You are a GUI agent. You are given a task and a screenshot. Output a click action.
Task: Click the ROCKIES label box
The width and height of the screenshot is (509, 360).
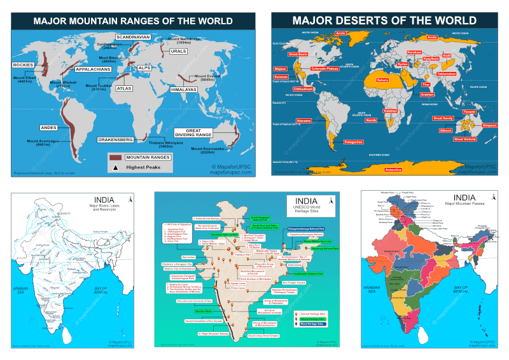tap(24, 65)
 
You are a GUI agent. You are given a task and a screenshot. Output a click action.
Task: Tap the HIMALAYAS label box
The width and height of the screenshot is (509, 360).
tap(184, 90)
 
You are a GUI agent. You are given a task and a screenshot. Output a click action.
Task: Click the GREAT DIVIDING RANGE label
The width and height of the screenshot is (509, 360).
tap(194, 133)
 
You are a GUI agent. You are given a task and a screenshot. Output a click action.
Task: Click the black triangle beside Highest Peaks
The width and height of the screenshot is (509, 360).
tap(115, 167)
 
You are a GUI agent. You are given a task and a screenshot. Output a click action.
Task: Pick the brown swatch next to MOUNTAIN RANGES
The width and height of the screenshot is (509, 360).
tap(115, 156)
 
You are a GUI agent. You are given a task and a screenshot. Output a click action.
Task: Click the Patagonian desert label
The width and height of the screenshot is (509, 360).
tap(353, 142)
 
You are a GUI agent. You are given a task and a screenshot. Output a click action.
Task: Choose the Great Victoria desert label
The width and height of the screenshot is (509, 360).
tap(464, 139)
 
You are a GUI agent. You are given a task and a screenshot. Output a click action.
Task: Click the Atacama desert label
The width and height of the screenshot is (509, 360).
tap(304, 120)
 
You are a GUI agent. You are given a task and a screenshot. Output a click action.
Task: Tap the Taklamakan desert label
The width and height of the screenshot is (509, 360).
tap(447, 74)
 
